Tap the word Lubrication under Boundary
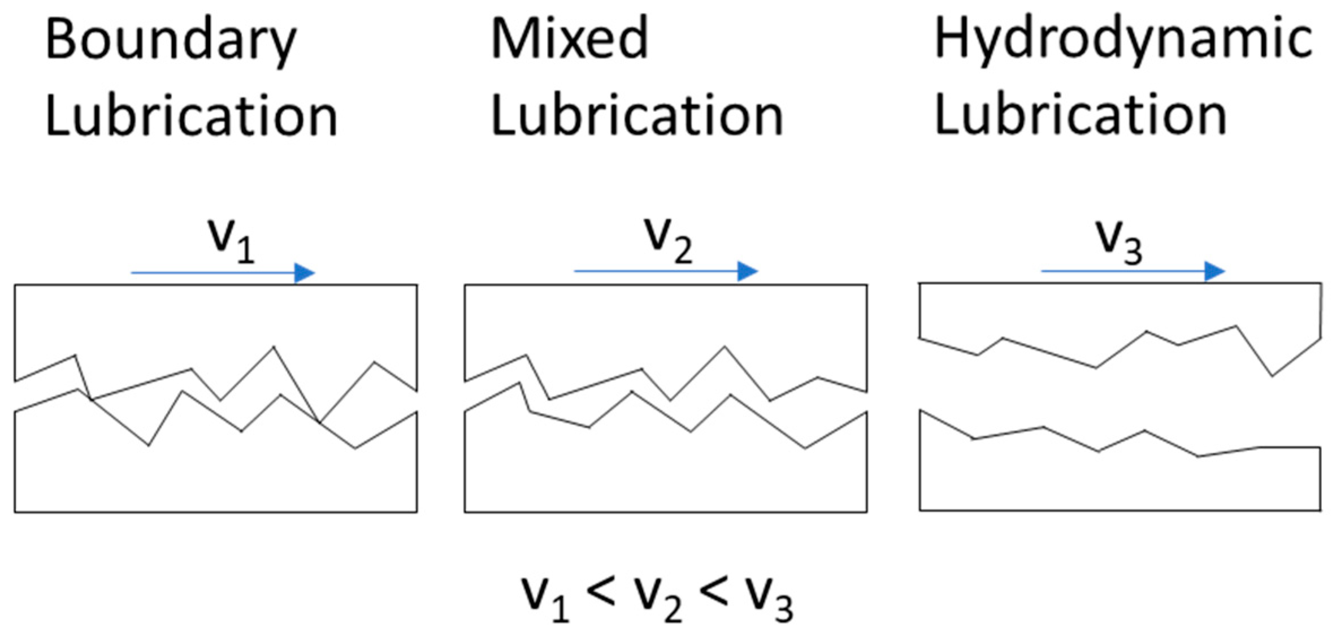(191, 116)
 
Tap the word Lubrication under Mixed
(637, 116)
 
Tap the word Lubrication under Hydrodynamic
(1081, 116)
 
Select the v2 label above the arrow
(669, 240)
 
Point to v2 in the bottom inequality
(658, 599)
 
